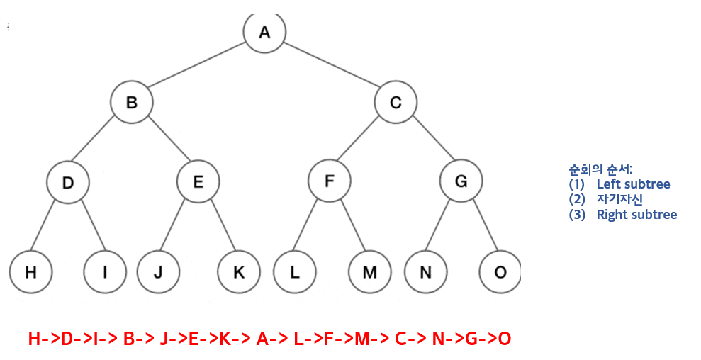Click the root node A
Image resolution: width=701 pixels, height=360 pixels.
tap(264, 33)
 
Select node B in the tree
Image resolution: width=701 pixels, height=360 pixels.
tap(132, 103)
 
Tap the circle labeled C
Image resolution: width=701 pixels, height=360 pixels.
tap(396, 103)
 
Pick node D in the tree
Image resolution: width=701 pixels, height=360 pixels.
tap(68, 182)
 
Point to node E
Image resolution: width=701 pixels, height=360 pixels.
tap(198, 182)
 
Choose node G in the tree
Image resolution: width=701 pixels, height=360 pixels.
tap(461, 182)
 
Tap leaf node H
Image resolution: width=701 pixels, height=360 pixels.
tap(30, 271)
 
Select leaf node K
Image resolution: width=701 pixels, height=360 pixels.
tap(238, 271)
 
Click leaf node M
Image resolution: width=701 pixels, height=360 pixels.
tap(370, 271)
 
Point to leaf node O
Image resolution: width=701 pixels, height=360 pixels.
tap(500, 271)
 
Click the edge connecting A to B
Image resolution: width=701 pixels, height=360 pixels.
tap(198, 67)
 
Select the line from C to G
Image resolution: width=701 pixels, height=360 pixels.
tap(428, 142)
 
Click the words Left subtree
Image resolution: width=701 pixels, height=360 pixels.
tap(633, 185)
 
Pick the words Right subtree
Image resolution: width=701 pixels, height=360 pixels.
tap(636, 215)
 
